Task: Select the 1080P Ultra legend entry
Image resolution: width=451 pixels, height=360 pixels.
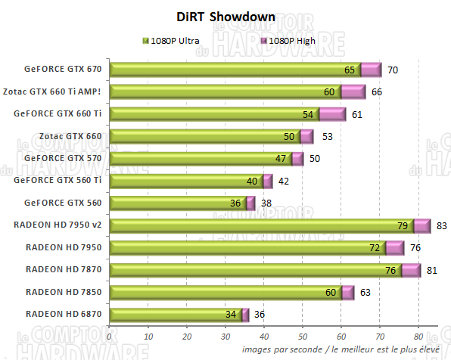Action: (x=173, y=39)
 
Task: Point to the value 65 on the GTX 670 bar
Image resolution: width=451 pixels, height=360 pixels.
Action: (x=350, y=70)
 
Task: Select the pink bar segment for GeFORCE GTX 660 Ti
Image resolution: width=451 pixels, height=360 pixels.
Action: (x=331, y=114)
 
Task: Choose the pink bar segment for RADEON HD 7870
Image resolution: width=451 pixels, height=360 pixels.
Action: (x=411, y=270)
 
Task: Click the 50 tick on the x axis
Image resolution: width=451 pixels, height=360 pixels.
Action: (x=303, y=337)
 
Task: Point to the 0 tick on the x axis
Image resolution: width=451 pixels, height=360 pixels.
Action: (x=110, y=337)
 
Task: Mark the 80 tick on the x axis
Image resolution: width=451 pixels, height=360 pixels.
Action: (x=418, y=337)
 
